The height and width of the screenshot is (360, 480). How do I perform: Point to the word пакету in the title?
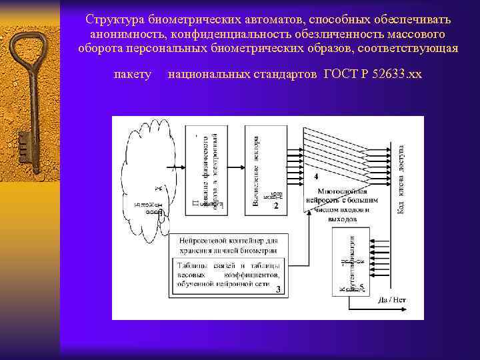[133, 73]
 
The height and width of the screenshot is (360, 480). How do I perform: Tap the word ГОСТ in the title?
[341, 73]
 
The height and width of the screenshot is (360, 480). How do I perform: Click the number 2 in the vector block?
[276, 206]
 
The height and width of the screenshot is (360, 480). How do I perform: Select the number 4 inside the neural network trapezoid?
[316, 177]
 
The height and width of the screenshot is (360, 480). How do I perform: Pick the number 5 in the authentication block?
[361, 287]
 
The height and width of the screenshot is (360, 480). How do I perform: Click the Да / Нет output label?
[392, 300]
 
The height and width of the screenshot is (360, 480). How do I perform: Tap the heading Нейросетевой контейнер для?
[227, 239]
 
